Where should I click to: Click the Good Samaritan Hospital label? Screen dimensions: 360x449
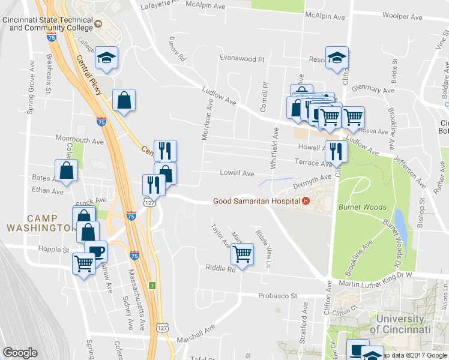click(x=257, y=201)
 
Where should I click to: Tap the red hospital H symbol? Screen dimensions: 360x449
click(x=306, y=201)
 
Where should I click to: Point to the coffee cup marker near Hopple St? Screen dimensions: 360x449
click(x=95, y=250)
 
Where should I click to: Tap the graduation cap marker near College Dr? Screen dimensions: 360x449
click(x=107, y=58)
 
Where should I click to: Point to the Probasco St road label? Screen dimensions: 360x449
click(x=278, y=296)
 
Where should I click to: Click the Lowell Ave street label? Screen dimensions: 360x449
click(x=237, y=173)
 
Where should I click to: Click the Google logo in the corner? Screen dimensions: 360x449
click(x=20, y=353)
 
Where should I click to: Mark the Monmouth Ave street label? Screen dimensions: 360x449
click(x=80, y=140)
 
